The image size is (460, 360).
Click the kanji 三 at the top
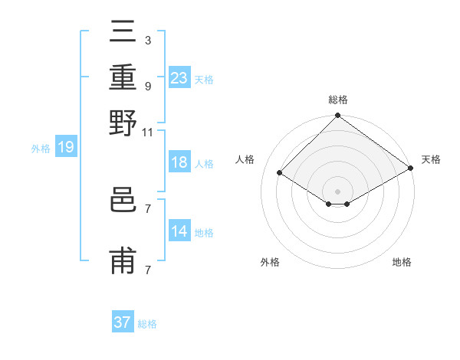[x=123, y=35]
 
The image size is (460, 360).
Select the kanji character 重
[x=123, y=79]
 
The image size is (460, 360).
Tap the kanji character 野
[x=123, y=123]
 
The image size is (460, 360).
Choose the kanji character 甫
[x=123, y=260]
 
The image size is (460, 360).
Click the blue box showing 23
[x=179, y=78]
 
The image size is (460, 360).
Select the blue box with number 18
[x=179, y=163]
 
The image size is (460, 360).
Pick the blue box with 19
[x=65, y=148]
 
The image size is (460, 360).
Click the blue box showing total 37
[x=122, y=322]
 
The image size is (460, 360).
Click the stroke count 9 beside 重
[x=148, y=87]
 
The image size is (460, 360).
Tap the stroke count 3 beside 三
[x=148, y=40]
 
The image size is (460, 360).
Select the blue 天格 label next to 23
[x=204, y=79]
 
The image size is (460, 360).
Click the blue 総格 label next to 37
[x=147, y=324]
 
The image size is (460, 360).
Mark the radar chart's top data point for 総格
[x=337, y=116]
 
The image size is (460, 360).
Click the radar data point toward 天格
[x=411, y=169]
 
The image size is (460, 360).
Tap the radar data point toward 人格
[x=280, y=173]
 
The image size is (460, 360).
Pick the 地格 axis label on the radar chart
[x=402, y=263]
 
